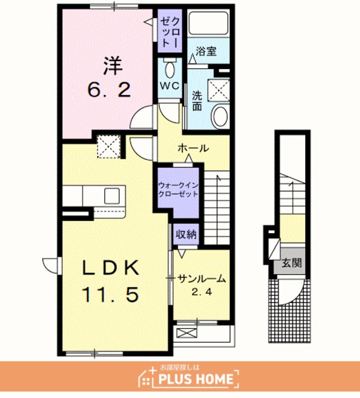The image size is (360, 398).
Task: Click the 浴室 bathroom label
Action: point(206,51)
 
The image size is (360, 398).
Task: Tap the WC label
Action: point(170,86)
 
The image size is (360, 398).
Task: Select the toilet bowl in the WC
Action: point(169,69)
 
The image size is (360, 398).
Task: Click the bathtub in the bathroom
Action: point(208,24)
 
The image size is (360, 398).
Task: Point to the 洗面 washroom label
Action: point(197,101)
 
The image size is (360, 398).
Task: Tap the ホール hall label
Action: point(193,148)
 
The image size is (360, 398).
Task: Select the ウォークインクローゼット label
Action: point(178,190)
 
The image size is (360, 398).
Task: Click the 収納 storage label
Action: point(186,235)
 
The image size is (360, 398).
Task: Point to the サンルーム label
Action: point(201,279)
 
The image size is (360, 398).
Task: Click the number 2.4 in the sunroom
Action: point(201,292)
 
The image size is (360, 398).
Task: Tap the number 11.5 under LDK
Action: point(110,294)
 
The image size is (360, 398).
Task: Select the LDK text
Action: point(111,267)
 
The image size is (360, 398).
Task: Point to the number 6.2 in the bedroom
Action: point(109,90)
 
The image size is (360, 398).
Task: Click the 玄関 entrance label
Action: point(292,263)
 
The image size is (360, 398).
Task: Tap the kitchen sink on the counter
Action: point(112,196)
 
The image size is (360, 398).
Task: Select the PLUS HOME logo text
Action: point(196,379)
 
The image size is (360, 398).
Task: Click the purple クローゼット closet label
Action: point(170,31)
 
